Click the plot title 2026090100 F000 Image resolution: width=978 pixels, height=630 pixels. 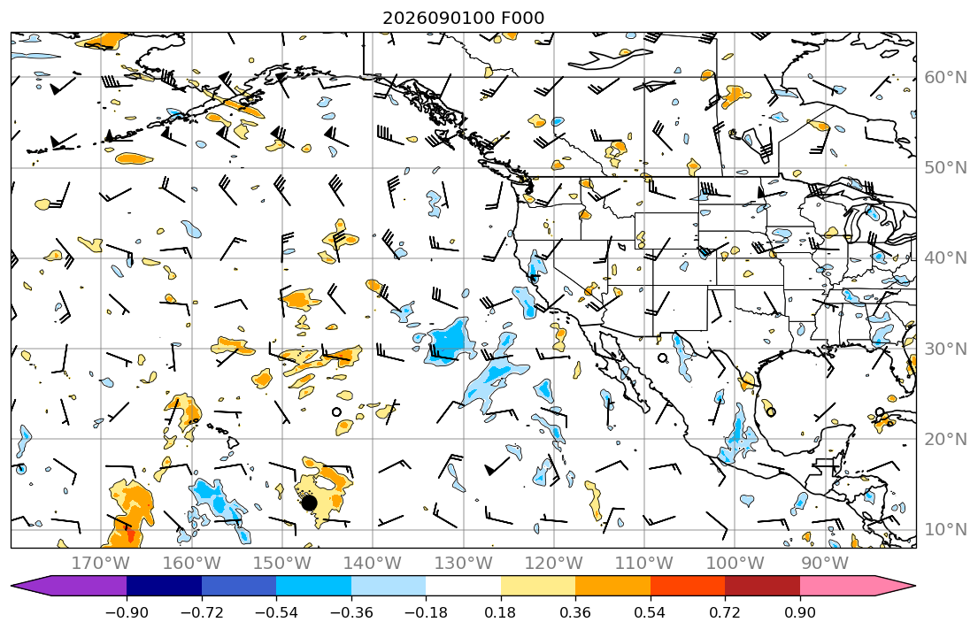pyautogui.click(x=463, y=18)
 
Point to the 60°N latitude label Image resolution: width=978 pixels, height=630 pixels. pyautogui.click(x=945, y=77)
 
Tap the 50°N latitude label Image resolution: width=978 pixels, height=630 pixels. pyautogui.click(x=945, y=168)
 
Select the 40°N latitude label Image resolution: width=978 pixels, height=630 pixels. pyautogui.click(x=945, y=258)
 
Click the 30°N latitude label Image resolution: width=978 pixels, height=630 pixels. pyautogui.click(x=945, y=349)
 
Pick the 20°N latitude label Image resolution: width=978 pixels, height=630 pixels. pyautogui.click(x=945, y=439)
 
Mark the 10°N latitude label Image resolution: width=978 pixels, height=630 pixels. pyautogui.click(x=945, y=530)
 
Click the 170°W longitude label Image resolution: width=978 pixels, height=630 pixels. pyautogui.click(x=101, y=564)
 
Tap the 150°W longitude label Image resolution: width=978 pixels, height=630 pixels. pyautogui.click(x=282, y=564)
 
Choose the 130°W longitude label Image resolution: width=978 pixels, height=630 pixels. pyautogui.click(x=464, y=564)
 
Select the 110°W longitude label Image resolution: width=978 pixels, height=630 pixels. pyautogui.click(x=644, y=564)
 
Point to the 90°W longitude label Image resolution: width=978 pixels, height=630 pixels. pyautogui.click(x=825, y=564)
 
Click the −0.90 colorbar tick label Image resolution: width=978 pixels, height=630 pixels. pyautogui.click(x=127, y=612)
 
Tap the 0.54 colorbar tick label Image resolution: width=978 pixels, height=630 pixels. pyautogui.click(x=650, y=612)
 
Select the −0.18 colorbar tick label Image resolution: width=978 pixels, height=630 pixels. pyautogui.click(x=426, y=612)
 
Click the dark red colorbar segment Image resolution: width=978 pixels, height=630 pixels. pyautogui.click(x=762, y=587)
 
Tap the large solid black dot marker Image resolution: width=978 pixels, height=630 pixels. pyautogui.click(x=309, y=502)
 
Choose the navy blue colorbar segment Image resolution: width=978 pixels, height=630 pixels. pyautogui.click(x=164, y=587)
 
